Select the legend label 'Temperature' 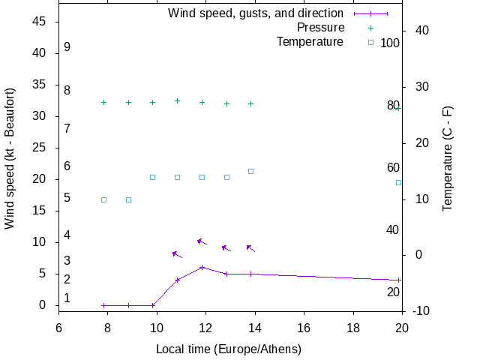click(x=310, y=42)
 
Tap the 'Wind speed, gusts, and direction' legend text click(x=256, y=13)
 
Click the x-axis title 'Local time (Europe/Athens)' click(x=228, y=349)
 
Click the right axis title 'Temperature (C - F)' click(x=448, y=158)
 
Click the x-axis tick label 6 click(x=58, y=328)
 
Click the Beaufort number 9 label click(x=67, y=47)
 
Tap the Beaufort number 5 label click(x=67, y=198)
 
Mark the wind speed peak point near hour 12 click(x=202, y=267)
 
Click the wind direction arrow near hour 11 click(x=177, y=254)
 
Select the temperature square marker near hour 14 click(x=250, y=171)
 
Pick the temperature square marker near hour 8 click(x=103, y=199)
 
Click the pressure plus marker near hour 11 click(x=177, y=100)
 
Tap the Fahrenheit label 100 click(x=390, y=43)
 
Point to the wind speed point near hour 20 click(x=398, y=280)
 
